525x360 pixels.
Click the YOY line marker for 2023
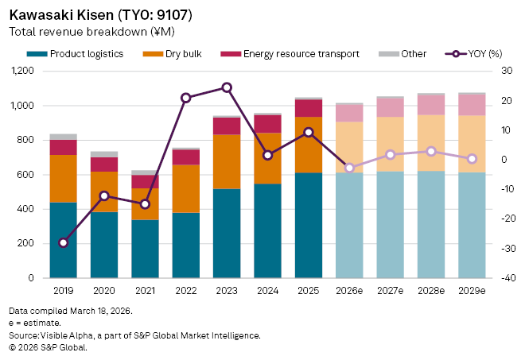point(227,87)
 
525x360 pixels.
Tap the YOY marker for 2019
point(64,242)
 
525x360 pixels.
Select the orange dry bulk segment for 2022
point(186,188)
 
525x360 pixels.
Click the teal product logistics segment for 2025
point(308,225)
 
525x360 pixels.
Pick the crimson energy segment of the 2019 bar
point(64,147)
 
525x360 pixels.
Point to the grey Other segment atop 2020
point(104,154)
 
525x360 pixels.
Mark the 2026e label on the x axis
point(348,291)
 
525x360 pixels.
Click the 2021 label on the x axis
point(145,291)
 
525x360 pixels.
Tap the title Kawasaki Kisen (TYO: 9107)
point(99,16)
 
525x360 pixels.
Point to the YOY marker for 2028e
point(430,151)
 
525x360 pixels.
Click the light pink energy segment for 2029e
point(472,105)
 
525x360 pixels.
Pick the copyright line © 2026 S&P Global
point(48,347)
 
